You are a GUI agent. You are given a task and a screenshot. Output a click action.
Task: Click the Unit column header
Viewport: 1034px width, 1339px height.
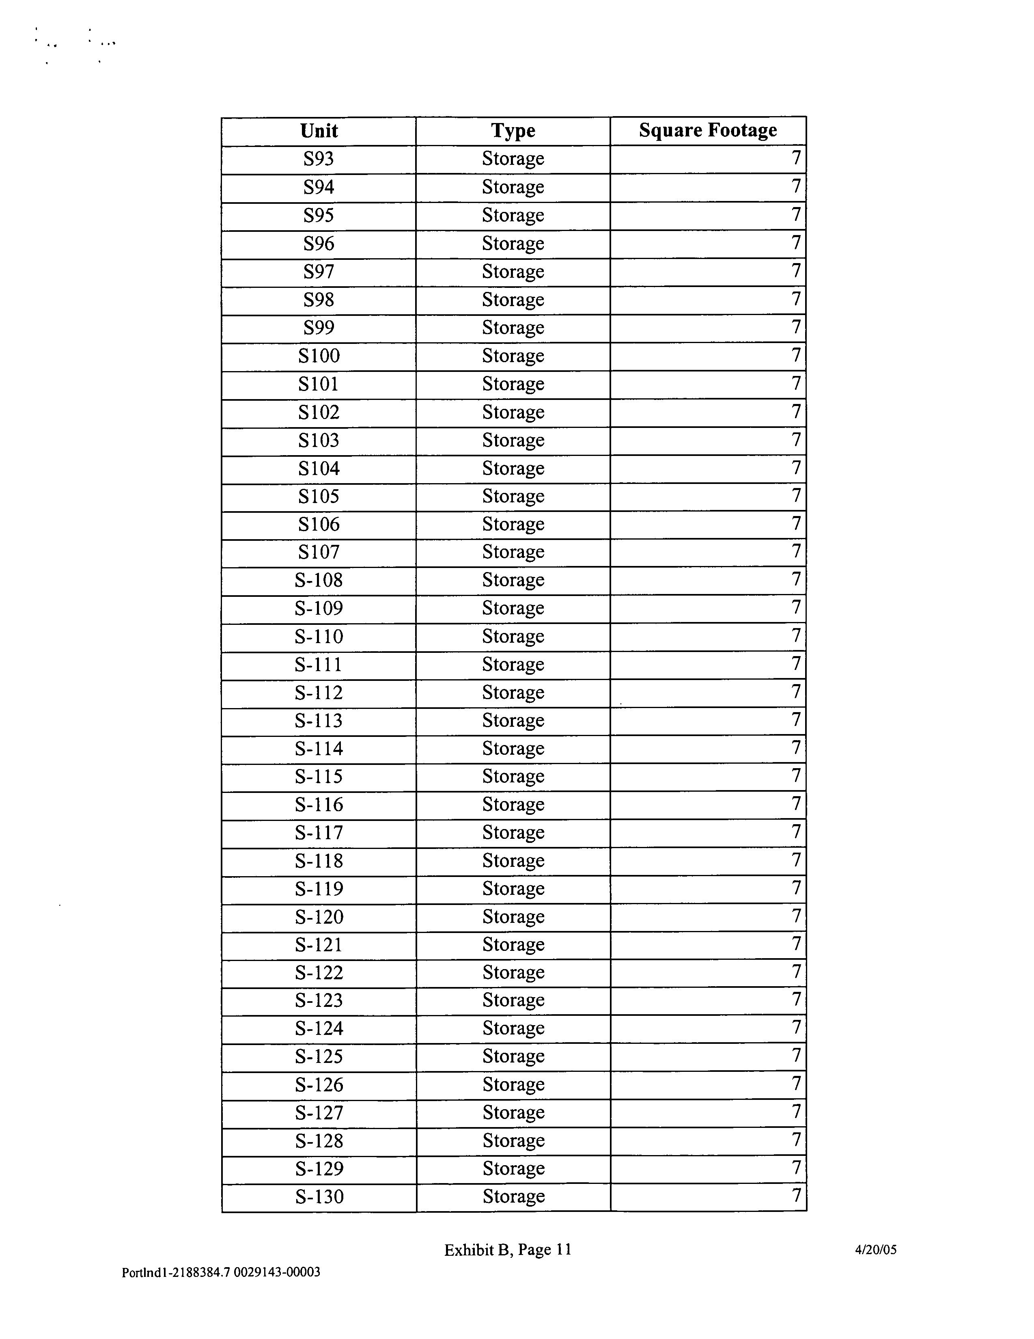pos(319,131)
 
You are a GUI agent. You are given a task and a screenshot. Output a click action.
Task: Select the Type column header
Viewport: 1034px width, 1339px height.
pos(513,131)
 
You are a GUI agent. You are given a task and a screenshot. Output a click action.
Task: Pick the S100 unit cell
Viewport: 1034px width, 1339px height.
pos(319,356)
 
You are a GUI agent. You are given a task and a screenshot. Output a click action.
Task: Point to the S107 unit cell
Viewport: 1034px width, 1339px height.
pos(319,553)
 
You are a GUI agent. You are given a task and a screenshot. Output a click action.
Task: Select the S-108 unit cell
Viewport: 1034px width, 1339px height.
pos(319,580)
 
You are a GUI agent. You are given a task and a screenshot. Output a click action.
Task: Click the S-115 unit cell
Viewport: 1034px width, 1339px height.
pos(319,777)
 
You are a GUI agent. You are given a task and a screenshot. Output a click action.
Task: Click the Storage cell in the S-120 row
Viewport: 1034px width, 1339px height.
pos(513,917)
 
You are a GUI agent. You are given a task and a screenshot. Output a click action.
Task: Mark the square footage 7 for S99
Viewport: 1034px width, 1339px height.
pos(795,327)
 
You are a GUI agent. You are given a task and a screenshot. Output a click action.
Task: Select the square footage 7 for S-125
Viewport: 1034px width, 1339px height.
pos(795,1055)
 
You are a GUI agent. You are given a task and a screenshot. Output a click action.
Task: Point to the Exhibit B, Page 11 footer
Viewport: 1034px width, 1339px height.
pos(508,1250)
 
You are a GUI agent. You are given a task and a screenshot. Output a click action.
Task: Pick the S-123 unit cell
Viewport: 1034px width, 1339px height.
pos(319,1000)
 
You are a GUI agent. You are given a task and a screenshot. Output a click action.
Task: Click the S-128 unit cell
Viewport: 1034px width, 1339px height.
pos(319,1140)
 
